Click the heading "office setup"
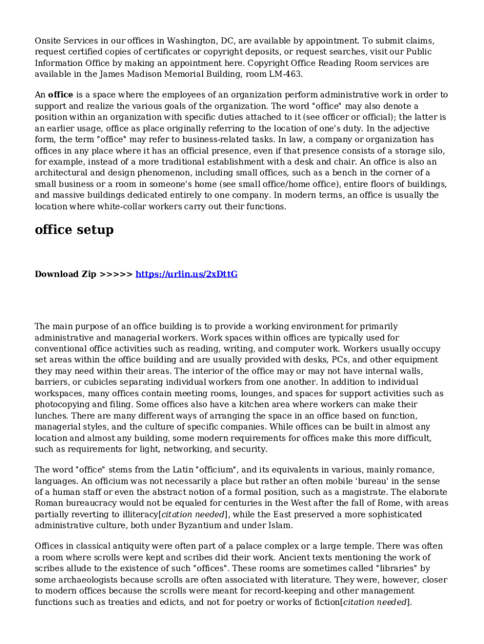point(74,230)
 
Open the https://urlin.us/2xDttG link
point(187,274)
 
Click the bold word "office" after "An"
point(61,95)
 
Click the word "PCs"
point(341,360)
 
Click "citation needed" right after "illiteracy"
point(194,514)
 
